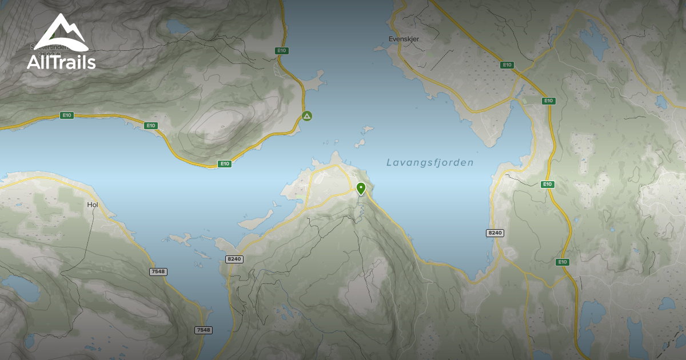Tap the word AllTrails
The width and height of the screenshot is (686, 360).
[61, 61]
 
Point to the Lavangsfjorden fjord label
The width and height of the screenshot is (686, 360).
[430, 163]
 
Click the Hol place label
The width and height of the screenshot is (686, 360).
[93, 204]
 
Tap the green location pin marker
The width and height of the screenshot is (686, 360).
[361, 188]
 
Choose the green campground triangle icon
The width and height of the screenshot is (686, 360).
[307, 116]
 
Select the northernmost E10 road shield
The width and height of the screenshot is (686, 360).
[281, 50]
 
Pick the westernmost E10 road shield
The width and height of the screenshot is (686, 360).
[67, 115]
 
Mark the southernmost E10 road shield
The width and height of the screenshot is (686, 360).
[563, 262]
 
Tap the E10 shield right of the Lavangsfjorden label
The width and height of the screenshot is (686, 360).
[548, 184]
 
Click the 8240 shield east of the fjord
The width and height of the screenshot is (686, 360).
[494, 233]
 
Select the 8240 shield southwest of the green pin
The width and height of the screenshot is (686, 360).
[234, 259]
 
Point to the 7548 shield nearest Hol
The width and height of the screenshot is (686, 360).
[158, 272]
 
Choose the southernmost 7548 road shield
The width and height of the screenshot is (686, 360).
[203, 330]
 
